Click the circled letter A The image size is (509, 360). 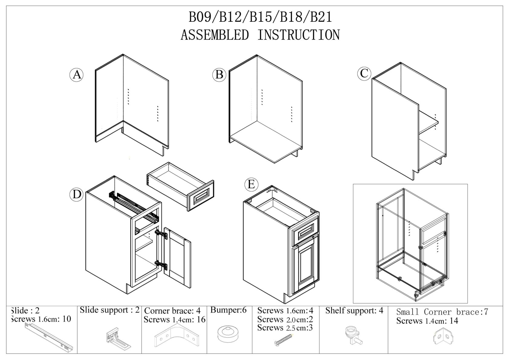pos(77,74)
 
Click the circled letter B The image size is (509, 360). pos(219,74)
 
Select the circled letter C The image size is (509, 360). pos(364,73)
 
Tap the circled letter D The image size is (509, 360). pos(77,194)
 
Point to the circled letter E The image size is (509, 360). pos(251,184)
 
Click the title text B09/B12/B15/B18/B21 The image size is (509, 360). pos(260,17)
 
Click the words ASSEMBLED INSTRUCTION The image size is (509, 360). pos(260,35)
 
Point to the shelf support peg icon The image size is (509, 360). pos(352,335)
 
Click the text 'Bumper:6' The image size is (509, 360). pos(229,310)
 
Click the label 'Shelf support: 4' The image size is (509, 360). pos(354,311)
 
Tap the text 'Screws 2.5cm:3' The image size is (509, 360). pos(285,328)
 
